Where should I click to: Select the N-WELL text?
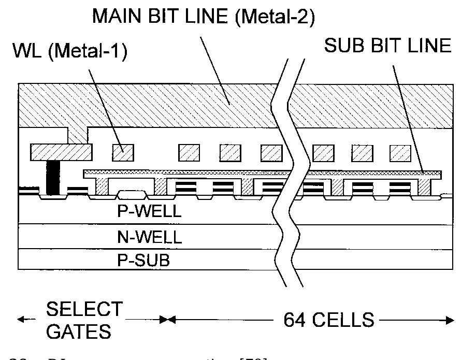tap(149, 237)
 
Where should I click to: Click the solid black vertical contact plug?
tap(51, 178)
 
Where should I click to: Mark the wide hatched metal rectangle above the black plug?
tap(61, 152)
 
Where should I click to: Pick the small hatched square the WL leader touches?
tap(123, 152)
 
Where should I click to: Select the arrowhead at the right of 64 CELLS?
tap(450, 320)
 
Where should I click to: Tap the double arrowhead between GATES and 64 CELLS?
tap(167, 320)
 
